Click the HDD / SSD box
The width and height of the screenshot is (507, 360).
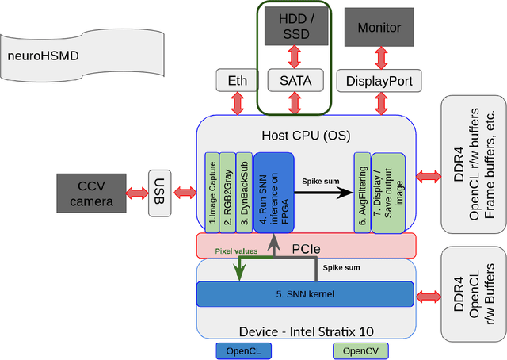(295, 26)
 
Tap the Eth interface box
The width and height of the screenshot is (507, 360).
(237, 79)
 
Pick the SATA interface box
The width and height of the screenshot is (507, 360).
(295, 79)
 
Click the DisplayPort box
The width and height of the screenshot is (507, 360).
(379, 79)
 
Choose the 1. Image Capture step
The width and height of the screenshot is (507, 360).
(212, 192)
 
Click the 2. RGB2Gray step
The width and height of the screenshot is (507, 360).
(228, 192)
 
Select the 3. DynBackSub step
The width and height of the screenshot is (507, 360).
(244, 192)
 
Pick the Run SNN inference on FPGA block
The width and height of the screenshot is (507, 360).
(273, 192)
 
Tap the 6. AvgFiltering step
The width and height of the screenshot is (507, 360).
(362, 192)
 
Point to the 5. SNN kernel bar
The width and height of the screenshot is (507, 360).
(305, 294)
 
